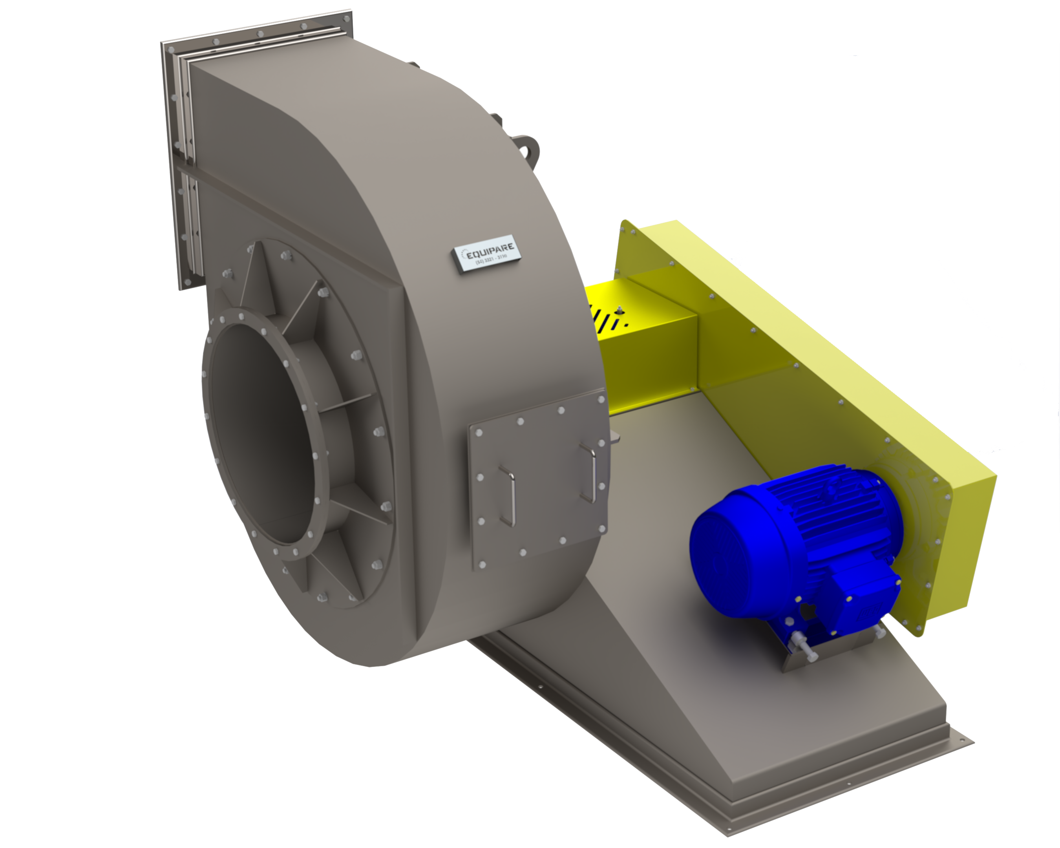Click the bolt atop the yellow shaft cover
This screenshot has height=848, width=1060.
620,310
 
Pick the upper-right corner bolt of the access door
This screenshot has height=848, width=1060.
600,400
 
